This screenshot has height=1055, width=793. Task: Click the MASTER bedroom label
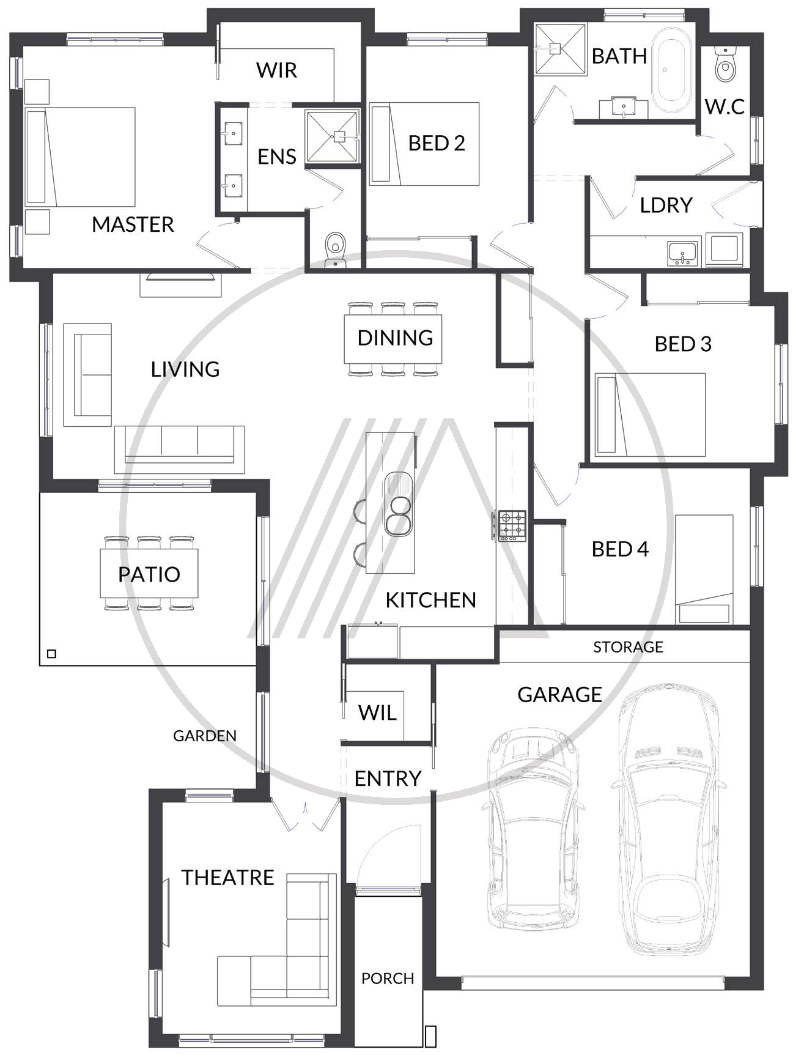(133, 224)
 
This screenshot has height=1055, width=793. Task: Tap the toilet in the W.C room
(726, 65)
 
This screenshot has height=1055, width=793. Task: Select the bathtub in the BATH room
(671, 68)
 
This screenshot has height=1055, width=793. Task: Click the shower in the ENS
(332, 136)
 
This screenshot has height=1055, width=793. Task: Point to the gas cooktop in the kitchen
(512, 525)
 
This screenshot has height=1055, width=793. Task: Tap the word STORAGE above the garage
(628, 647)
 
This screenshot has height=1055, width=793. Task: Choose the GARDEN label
(204, 736)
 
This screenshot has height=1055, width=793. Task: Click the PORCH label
(388, 979)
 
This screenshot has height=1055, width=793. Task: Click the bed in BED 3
(650, 415)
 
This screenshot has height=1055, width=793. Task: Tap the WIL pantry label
(377, 713)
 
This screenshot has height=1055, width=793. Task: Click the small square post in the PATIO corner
(51, 654)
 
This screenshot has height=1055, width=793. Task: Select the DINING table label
(395, 338)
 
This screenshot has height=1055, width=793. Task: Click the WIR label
(276, 70)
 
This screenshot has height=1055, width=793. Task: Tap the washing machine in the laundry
(724, 249)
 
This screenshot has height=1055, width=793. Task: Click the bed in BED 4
(704, 569)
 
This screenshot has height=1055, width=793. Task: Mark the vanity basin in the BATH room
(624, 108)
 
